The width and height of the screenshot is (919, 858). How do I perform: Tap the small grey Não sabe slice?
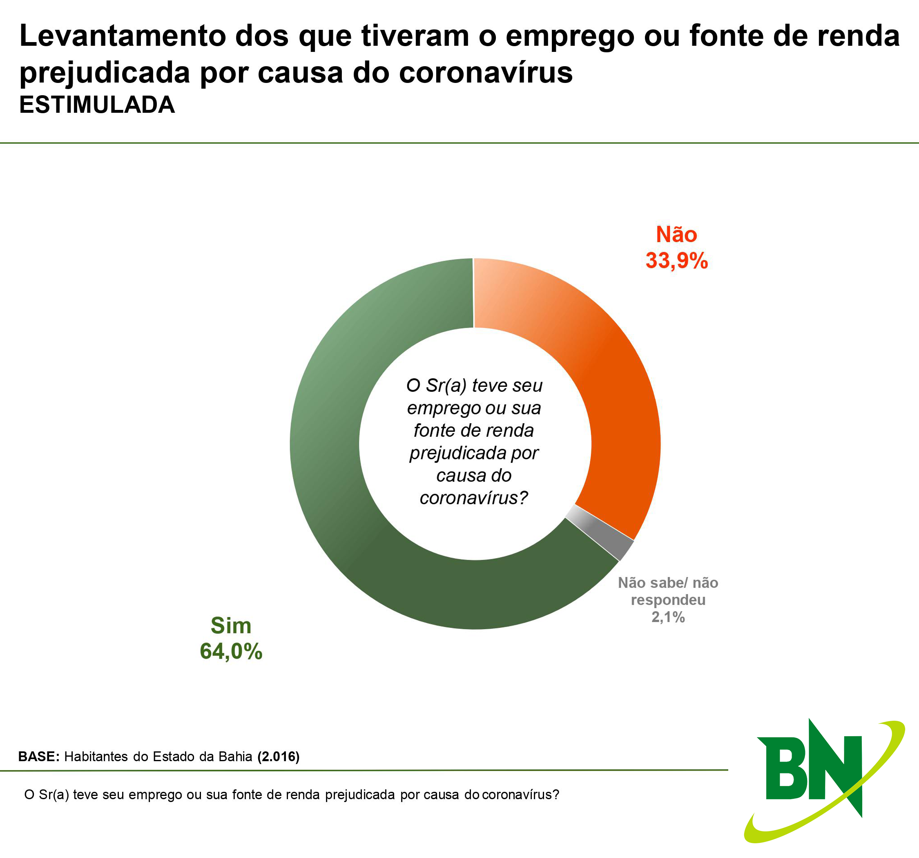[x=601, y=532]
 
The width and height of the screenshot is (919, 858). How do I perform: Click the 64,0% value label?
[x=231, y=651]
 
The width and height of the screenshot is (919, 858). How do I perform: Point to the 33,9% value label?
[x=676, y=260]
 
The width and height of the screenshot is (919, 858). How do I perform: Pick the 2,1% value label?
[x=668, y=617]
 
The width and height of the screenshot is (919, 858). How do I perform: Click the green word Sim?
[x=231, y=626]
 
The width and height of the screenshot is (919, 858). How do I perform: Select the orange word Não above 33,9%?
[x=676, y=235]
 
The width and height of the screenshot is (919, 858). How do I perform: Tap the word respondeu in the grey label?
[x=668, y=600]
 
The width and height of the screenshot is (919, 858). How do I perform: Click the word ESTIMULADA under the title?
[x=97, y=105]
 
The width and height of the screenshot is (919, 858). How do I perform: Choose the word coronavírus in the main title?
[x=485, y=73]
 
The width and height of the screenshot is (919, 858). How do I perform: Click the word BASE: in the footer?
[x=39, y=756]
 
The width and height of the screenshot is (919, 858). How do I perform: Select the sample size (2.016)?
[x=278, y=756]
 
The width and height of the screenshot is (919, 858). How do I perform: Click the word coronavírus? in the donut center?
[x=473, y=498]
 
